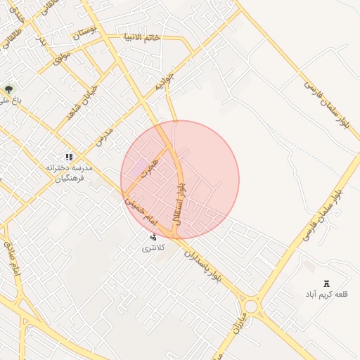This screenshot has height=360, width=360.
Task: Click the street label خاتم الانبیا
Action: click(x=141, y=37)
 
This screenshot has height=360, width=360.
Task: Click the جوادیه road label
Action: click(x=164, y=82)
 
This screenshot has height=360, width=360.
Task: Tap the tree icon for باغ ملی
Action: click(x=8, y=89)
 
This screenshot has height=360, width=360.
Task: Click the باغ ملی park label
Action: click(x=11, y=101)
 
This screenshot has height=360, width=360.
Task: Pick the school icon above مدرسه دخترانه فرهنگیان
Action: click(x=69, y=157)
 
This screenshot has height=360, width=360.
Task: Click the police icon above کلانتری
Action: click(x=153, y=237)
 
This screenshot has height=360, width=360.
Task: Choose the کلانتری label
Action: click(x=153, y=248)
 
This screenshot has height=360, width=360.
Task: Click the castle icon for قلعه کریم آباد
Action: click(x=325, y=283)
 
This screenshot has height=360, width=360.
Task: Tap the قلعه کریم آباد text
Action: click(x=326, y=293)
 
